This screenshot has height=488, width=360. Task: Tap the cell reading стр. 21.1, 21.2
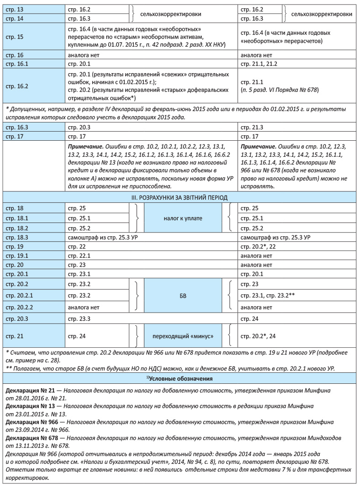pos(257,64)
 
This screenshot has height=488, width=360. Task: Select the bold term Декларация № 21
pos(29,392)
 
